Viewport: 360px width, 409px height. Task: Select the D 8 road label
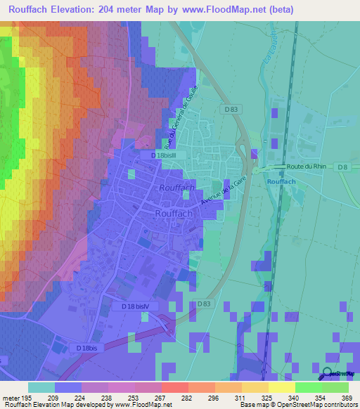click(342, 167)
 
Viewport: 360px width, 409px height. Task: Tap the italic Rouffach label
click(176, 189)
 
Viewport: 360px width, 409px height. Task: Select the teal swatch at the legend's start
click(41, 387)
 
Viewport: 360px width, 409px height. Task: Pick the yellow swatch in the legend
click(282, 387)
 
